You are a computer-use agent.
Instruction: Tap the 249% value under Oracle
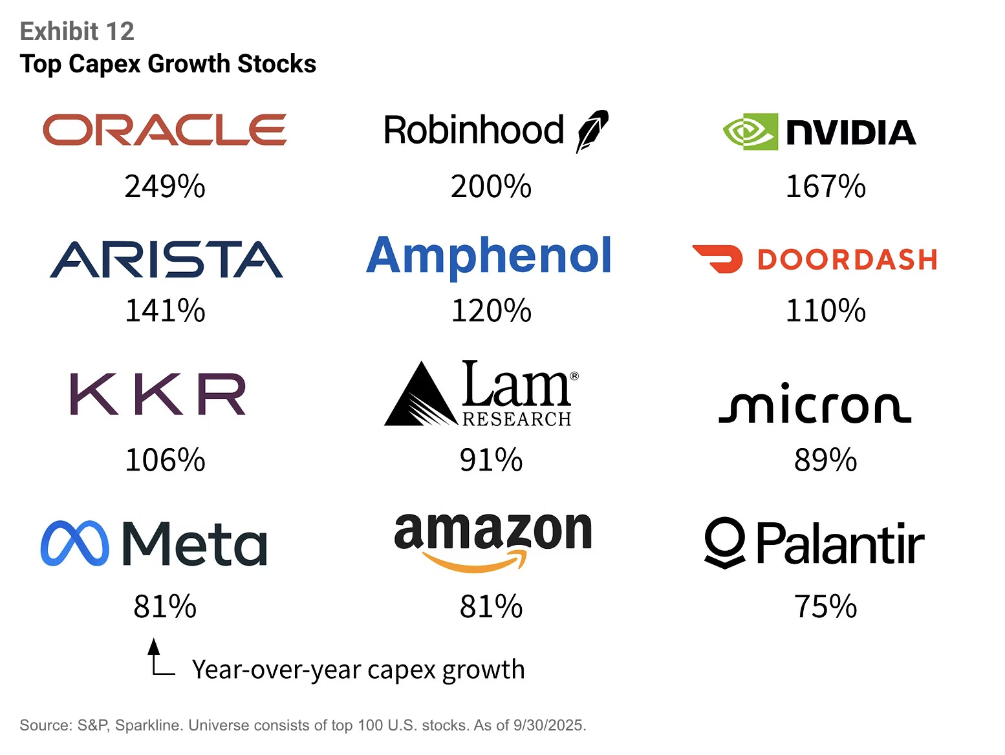coord(165,187)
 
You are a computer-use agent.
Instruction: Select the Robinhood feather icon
coord(592,131)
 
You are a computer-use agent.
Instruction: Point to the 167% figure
coord(825,187)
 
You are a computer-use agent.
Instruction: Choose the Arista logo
coord(166,260)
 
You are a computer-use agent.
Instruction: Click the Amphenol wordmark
coord(489,256)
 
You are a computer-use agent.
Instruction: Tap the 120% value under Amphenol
coord(491,311)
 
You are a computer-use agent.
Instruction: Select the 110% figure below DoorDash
coord(825,311)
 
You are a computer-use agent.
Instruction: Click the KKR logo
coord(158,394)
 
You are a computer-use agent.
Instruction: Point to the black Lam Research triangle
coord(420,396)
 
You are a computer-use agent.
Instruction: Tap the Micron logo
coord(815,403)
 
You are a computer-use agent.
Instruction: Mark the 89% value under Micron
coord(825,460)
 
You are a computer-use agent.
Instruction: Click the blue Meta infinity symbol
coord(74,544)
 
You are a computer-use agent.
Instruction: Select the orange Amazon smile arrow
coord(475,561)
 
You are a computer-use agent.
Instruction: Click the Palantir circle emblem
coord(725,542)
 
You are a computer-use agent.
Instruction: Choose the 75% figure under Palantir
coord(825,607)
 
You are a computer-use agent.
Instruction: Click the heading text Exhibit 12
coord(77,31)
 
